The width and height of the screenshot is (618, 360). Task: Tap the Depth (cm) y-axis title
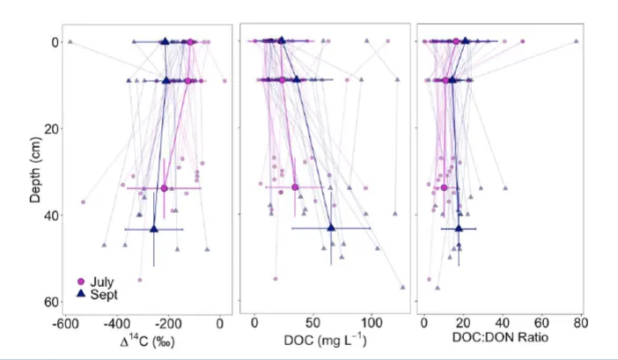click(x=35, y=171)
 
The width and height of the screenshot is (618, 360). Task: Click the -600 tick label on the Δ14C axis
click(x=63, y=324)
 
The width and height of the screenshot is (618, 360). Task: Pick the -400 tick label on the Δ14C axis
click(x=116, y=324)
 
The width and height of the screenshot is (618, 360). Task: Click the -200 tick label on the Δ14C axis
click(x=168, y=324)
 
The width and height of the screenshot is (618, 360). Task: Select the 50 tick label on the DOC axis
click(x=313, y=324)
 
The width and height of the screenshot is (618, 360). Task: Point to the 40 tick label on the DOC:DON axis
click(x=502, y=324)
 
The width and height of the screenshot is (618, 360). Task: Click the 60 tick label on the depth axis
click(x=50, y=302)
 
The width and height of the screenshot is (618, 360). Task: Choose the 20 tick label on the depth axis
click(x=50, y=129)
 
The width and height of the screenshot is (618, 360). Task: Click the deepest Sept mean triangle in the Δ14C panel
click(x=154, y=228)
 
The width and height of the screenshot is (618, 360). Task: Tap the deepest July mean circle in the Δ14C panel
click(x=164, y=188)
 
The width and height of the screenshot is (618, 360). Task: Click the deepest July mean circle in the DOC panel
click(x=295, y=187)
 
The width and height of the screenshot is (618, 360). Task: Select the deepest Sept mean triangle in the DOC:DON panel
click(x=459, y=228)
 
